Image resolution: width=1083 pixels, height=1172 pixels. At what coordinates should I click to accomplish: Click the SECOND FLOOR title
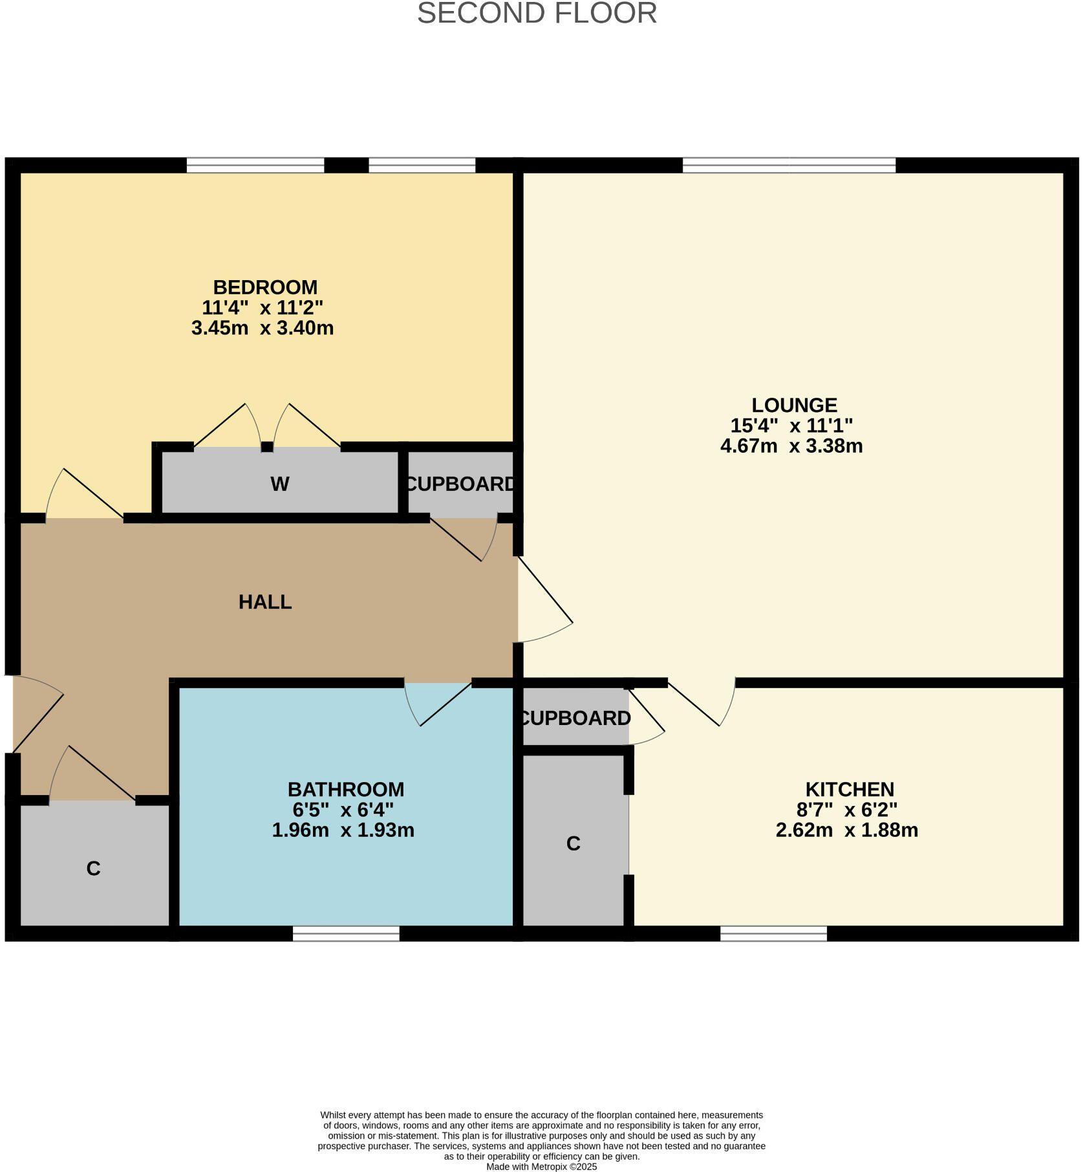[537, 13]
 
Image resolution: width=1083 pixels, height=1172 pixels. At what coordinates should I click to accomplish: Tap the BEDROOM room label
[265, 287]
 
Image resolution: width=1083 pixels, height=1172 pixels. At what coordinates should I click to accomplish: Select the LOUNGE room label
[794, 405]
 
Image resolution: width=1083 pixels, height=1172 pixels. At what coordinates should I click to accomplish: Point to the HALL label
[265, 602]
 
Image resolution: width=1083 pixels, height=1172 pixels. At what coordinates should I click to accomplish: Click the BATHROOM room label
[346, 789]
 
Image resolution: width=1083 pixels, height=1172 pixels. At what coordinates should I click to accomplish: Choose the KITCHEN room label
[850, 789]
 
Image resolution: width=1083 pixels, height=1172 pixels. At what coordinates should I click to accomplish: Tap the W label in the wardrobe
[279, 484]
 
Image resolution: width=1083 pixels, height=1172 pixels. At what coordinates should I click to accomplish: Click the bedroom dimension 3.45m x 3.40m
[263, 328]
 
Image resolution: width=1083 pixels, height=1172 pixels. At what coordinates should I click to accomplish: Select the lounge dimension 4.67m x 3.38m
[791, 446]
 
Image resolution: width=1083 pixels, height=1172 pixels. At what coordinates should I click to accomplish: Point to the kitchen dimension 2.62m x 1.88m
[847, 830]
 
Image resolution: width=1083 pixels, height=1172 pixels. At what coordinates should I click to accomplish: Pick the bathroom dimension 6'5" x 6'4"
[343, 809]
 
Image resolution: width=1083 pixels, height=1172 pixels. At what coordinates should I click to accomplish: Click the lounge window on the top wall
[789, 165]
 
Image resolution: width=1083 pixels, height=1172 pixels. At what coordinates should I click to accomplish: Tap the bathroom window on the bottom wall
[346, 933]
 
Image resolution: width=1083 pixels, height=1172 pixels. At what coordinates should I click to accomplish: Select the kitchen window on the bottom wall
[773, 933]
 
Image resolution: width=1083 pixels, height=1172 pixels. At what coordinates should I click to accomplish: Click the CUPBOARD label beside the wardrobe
[460, 484]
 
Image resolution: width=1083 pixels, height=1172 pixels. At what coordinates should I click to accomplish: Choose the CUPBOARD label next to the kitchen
[575, 718]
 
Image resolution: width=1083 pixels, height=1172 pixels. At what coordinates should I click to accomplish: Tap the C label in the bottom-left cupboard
[93, 869]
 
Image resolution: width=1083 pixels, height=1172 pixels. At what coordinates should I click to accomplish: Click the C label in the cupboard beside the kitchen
[573, 843]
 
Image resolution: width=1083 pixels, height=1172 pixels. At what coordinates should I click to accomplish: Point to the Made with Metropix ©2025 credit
[542, 1167]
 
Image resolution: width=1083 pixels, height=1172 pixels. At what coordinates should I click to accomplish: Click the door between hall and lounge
[544, 599]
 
